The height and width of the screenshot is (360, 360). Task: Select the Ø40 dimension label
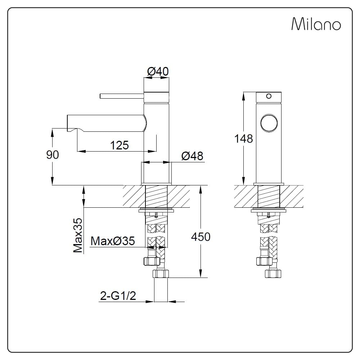[158, 71]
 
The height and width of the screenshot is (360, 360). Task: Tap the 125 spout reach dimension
[120, 145]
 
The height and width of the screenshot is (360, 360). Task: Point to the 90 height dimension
[53, 155]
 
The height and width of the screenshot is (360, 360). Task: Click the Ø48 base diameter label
[192, 156]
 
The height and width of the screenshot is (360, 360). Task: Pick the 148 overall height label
[244, 139]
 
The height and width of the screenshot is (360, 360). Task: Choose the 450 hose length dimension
[201, 237]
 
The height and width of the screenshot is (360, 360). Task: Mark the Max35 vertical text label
[78, 235]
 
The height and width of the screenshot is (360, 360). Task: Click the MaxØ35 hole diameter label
[113, 241]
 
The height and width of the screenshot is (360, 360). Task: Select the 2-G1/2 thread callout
[118, 296]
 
